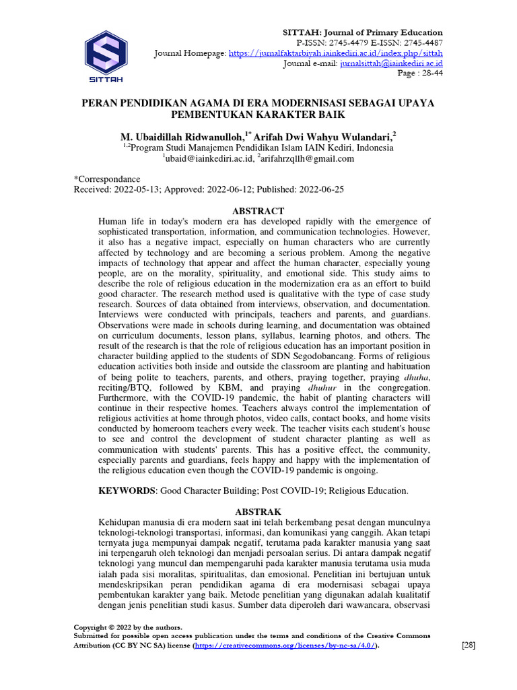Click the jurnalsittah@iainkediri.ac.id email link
click(x=386, y=63)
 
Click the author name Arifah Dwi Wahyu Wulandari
click(x=322, y=135)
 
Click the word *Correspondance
click(x=107, y=179)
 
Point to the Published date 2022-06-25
click(x=322, y=189)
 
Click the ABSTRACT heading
click(x=258, y=211)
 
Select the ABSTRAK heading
click(x=258, y=511)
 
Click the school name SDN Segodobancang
click(x=386, y=356)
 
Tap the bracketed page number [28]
click(x=469, y=645)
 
